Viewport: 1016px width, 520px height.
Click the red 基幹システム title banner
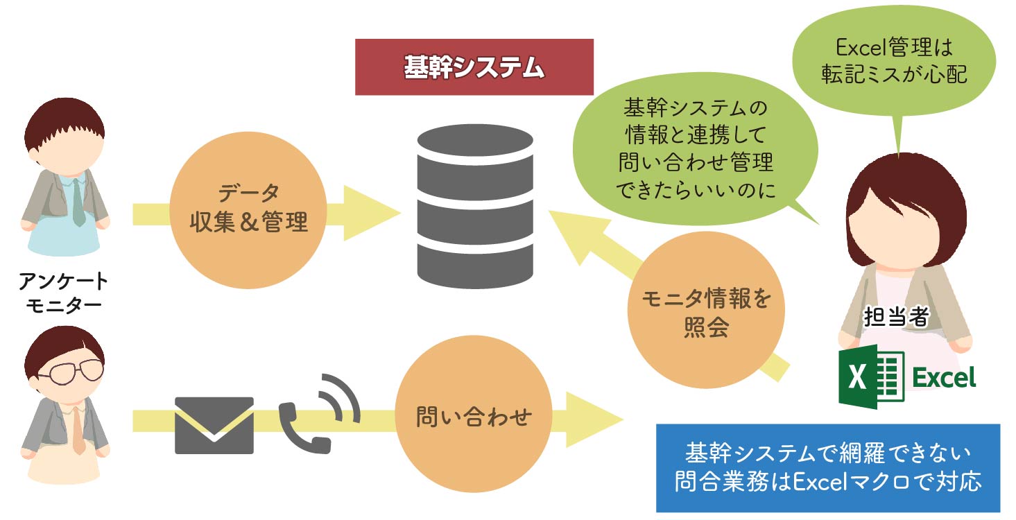point(474,67)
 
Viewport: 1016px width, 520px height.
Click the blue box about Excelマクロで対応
point(828,468)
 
